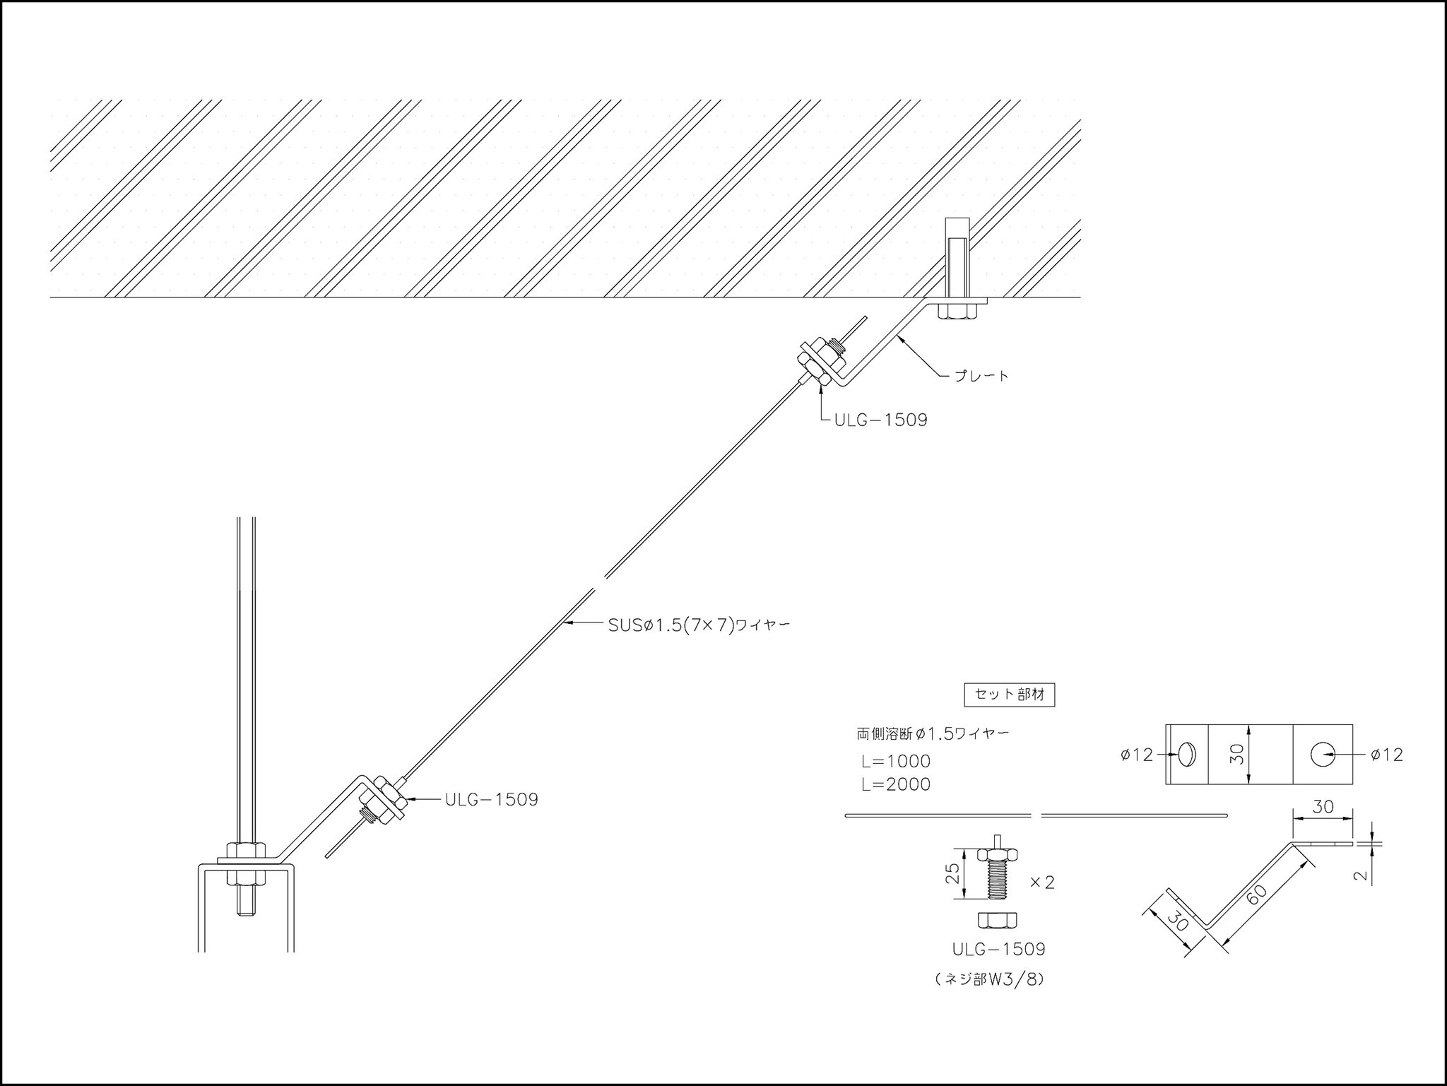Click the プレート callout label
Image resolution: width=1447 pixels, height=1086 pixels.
[x=981, y=376]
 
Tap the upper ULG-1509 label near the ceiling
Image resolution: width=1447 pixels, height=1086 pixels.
[x=880, y=420]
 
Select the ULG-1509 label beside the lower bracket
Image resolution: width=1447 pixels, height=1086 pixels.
[x=491, y=800]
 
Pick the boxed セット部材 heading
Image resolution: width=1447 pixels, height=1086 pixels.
[x=1009, y=695]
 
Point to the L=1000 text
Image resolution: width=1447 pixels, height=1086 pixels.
[x=895, y=762]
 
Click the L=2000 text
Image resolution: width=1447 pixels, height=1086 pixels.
[x=895, y=784]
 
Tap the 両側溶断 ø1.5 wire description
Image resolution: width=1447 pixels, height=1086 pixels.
[x=933, y=734]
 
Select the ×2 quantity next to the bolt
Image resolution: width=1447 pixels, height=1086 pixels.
[x=1041, y=883]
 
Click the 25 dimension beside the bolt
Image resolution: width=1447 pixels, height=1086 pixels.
[x=952, y=874]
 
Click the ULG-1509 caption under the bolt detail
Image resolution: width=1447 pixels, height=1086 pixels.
[x=998, y=949]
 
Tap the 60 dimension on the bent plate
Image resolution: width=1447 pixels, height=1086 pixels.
[x=1257, y=893]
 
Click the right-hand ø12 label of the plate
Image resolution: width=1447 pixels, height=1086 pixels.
[x=1386, y=755]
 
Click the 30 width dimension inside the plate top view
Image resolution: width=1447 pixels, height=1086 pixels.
[x=1236, y=755]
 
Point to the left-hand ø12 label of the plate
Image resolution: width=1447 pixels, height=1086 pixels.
[x=1136, y=755]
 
